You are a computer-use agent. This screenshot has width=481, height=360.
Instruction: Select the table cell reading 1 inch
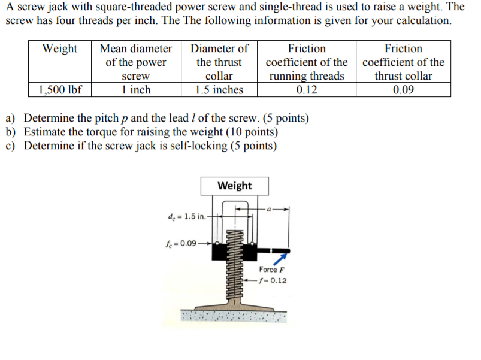(135, 90)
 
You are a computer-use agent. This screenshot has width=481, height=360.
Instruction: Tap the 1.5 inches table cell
(219, 90)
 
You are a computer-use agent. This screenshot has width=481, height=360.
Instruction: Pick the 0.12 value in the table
(307, 90)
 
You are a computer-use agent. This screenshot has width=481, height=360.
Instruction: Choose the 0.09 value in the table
(403, 90)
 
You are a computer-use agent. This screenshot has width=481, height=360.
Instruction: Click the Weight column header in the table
(60, 49)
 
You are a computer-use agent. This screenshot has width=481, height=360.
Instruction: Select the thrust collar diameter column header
(219, 62)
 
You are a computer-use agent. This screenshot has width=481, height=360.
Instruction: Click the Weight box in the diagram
(235, 186)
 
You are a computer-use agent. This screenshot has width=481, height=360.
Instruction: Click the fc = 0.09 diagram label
(180, 244)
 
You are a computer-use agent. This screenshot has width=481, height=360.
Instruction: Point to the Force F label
(271, 270)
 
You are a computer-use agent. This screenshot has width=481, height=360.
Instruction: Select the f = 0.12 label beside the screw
(273, 280)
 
